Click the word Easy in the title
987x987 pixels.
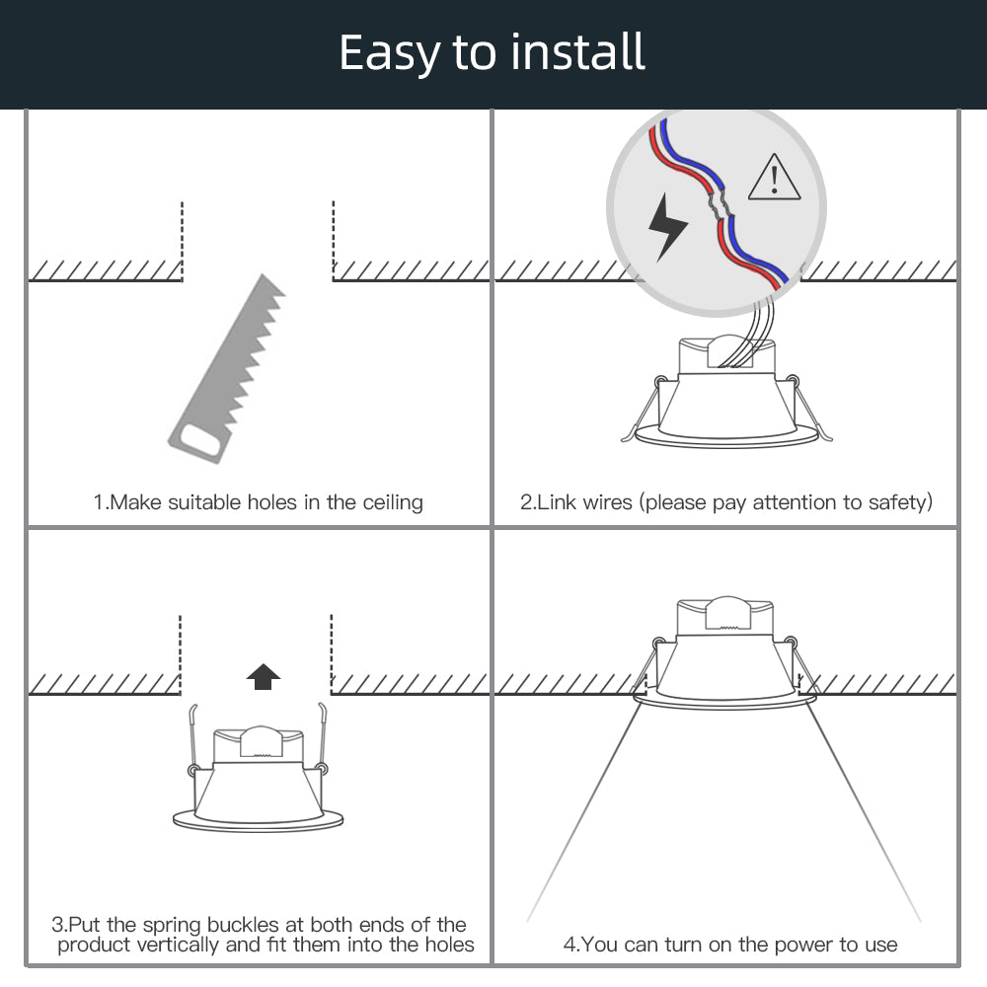390,53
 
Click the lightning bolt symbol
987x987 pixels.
667,226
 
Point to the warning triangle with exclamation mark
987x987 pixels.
774,178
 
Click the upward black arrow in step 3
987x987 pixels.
263,676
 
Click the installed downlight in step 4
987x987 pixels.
726,651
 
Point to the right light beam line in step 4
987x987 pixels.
864,809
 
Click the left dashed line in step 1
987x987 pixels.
182,237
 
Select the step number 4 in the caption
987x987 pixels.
569,945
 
